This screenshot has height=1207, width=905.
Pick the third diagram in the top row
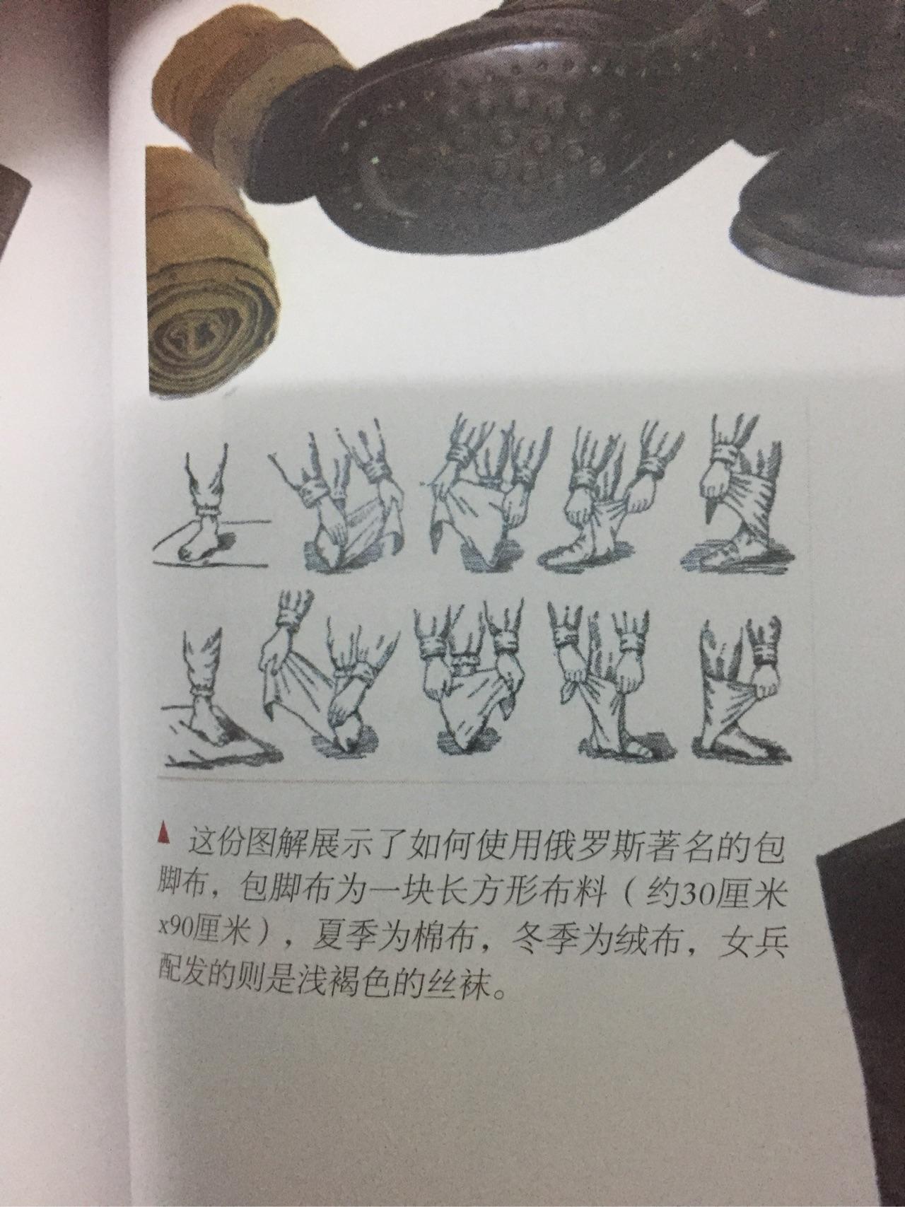pos(480,498)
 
